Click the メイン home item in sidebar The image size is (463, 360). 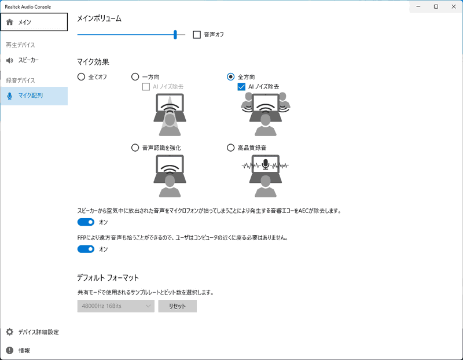(x=33, y=22)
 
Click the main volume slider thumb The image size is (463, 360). (x=175, y=35)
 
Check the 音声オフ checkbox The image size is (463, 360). (x=197, y=35)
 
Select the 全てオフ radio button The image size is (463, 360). (x=81, y=76)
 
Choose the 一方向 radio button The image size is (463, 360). (x=135, y=76)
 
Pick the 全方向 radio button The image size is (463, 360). (x=231, y=76)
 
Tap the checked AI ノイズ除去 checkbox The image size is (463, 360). (x=242, y=86)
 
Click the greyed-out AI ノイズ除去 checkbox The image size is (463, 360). (x=146, y=86)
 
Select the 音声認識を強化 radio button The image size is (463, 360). (x=135, y=148)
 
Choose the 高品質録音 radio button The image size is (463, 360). (x=231, y=148)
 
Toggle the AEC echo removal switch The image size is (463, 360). (x=86, y=222)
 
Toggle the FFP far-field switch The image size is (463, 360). (x=86, y=249)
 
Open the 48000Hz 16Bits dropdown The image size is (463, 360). (x=116, y=306)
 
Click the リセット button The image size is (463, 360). (x=177, y=306)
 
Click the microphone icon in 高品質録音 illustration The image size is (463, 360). (x=265, y=164)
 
